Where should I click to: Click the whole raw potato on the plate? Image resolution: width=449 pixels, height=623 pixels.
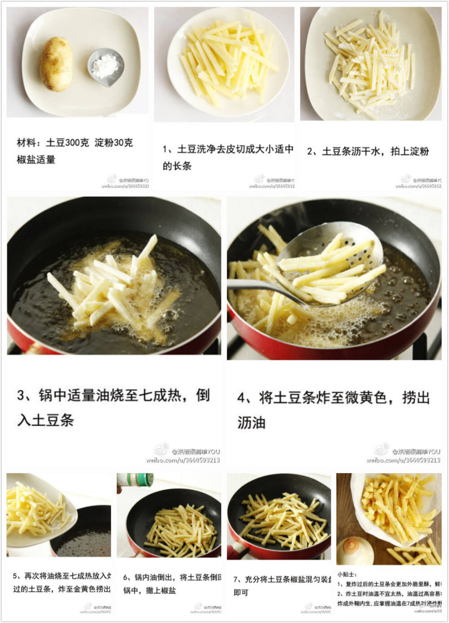(56, 64)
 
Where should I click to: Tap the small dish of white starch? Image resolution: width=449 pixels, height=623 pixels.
(106, 67)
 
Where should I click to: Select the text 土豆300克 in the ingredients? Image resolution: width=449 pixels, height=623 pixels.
(67, 143)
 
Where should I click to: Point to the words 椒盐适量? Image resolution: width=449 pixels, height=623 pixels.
(36, 160)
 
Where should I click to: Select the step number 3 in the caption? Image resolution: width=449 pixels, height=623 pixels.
(22, 395)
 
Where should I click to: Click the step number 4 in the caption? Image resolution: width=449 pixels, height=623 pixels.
(242, 397)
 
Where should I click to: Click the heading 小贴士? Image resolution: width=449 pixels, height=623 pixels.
(347, 574)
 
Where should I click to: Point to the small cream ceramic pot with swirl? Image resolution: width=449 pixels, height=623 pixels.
(355, 550)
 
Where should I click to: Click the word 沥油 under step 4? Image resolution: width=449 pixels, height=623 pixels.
(251, 423)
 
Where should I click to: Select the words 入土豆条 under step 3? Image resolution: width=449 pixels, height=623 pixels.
(45, 420)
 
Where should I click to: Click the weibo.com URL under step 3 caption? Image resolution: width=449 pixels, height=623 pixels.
(183, 460)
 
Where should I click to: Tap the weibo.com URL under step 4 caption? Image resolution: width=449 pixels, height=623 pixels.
(403, 460)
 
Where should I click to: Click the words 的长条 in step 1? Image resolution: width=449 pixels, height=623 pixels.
(177, 166)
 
